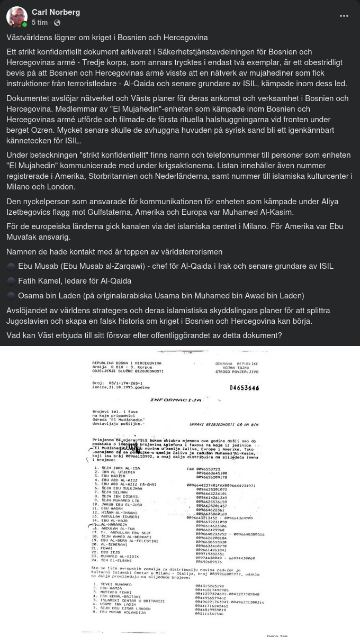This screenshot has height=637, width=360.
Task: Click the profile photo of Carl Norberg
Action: point(17,17)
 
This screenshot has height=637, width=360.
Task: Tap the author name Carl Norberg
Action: point(56,12)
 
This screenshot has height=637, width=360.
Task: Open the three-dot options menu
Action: point(344,16)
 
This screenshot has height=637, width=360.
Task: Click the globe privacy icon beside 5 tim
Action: point(57,23)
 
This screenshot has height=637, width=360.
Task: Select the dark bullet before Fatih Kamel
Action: point(11,281)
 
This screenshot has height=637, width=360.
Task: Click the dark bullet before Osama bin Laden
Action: point(11,296)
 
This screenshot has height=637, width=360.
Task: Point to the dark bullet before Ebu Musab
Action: point(11,266)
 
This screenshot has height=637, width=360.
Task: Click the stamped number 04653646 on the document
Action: point(244,388)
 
